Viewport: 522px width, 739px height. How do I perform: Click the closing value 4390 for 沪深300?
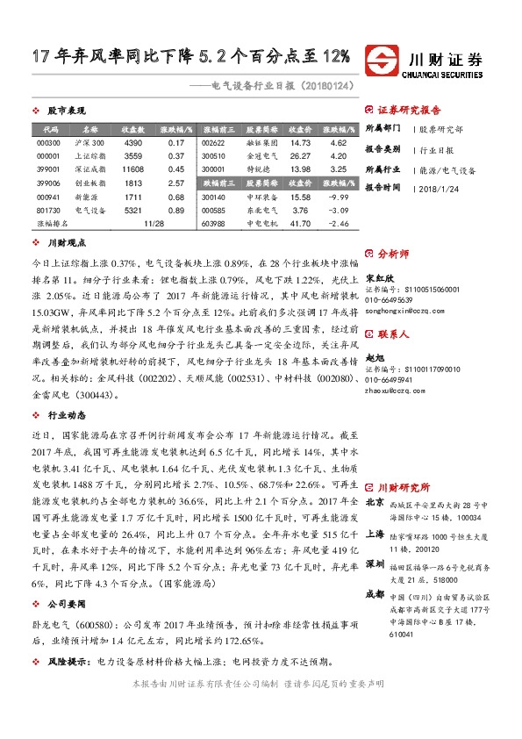click(133, 142)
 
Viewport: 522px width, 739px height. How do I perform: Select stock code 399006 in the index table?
click(48, 183)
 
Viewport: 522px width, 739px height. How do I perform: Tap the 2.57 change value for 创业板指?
click(175, 183)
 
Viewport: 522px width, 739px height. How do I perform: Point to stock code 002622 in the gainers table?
click(213, 142)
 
